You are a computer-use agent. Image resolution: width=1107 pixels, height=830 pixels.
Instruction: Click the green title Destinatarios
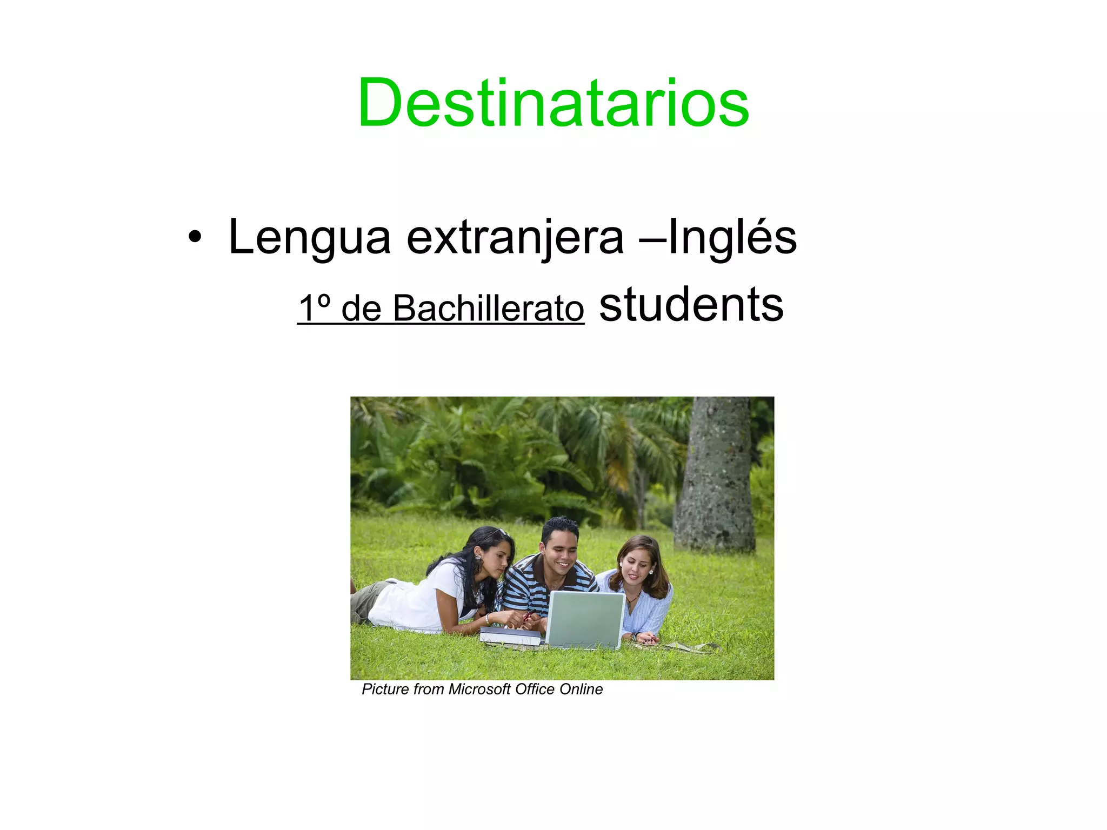(553, 103)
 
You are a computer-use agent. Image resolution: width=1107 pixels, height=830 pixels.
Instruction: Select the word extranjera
(515, 238)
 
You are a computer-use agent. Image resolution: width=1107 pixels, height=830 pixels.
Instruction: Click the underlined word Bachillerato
(488, 308)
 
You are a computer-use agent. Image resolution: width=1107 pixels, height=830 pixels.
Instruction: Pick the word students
(691, 304)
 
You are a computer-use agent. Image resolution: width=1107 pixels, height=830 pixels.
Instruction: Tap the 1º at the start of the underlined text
(315, 308)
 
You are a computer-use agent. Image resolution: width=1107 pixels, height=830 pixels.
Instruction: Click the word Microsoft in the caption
(479, 690)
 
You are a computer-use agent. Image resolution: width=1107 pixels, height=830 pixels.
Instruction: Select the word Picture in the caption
(385, 690)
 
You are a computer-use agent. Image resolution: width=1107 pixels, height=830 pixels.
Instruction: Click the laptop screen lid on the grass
(585, 619)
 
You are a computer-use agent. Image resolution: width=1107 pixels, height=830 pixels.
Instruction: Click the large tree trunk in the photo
(715, 476)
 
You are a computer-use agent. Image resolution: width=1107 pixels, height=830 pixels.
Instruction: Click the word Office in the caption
(535, 690)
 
